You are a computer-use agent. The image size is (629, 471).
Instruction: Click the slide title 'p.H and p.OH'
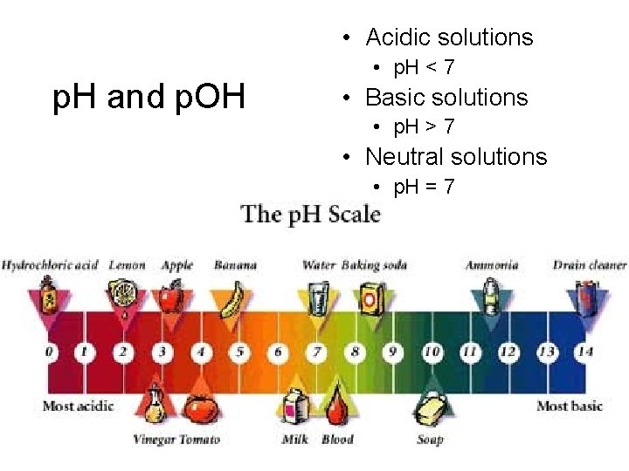[149, 98]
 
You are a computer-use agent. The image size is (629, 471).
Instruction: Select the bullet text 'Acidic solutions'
[449, 38]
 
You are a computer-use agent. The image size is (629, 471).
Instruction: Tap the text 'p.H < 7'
[424, 67]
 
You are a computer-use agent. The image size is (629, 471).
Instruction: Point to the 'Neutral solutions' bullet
[456, 157]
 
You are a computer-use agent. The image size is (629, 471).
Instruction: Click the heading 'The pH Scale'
[311, 215]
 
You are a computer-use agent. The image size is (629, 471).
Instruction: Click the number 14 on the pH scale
[584, 352]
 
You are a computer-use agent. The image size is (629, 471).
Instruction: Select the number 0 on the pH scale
[50, 352]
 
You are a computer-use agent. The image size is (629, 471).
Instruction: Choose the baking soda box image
[370, 297]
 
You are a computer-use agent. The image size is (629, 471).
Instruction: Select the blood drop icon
[337, 406]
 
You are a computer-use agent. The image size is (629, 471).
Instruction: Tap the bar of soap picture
[431, 408]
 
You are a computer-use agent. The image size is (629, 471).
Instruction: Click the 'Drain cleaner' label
[590, 265]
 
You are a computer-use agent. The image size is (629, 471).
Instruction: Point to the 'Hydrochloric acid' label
[50, 265]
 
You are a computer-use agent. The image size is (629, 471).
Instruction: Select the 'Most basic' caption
[570, 406]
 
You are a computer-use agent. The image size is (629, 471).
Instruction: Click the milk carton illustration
[294, 409]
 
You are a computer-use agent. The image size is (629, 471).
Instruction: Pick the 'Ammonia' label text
[492, 265]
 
